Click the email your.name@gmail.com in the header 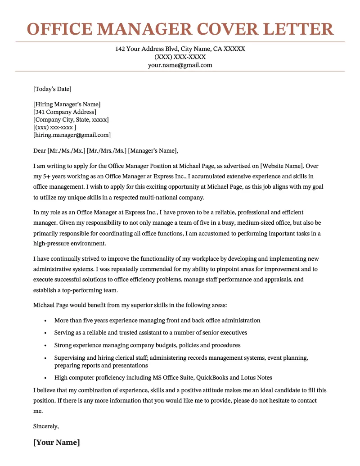pos(180,65)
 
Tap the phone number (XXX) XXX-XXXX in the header pos(180,57)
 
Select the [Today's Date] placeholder pos(52,89)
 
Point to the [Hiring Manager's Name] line pos(67,104)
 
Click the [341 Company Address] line pos(64,112)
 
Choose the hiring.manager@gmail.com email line pos(72,135)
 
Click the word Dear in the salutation pos(40,150)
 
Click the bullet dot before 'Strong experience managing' pos(45,345)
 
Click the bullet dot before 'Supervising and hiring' pos(45,358)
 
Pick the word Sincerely pos(46,426)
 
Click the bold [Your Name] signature pos(57,442)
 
